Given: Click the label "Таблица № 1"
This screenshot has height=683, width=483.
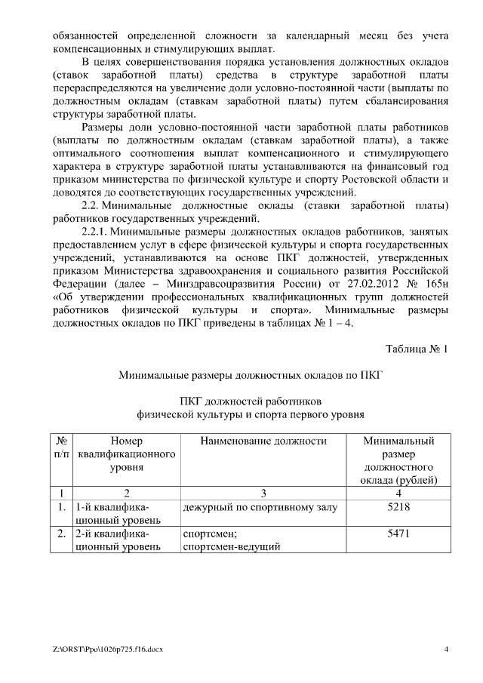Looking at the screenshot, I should [x=417, y=349].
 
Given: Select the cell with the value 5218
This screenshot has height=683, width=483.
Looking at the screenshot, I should [x=398, y=508].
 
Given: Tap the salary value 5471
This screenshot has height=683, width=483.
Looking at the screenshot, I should [x=398, y=533].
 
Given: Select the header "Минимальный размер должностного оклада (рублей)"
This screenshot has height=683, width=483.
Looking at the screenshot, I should [x=398, y=460].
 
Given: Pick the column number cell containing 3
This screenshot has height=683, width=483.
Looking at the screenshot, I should [x=263, y=494].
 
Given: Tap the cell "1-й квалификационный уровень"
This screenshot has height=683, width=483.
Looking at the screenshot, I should [x=117, y=514].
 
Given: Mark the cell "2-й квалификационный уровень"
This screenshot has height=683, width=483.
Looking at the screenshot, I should [x=117, y=540].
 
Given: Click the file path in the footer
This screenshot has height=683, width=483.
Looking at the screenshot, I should [x=108, y=649].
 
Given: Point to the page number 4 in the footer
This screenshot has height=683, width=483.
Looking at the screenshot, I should [x=445, y=649].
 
